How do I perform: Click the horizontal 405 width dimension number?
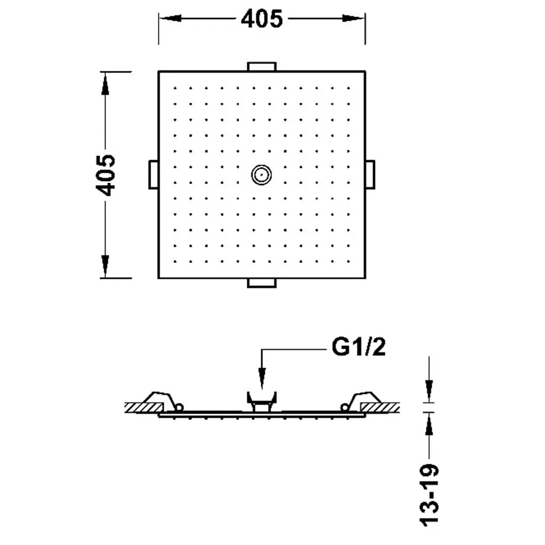pyautogui.click(x=262, y=19)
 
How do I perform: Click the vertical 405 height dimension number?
pyautogui.click(x=105, y=175)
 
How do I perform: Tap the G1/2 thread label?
pyautogui.click(x=359, y=347)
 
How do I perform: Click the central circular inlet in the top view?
pyautogui.click(x=261, y=175)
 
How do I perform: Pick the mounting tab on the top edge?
pyautogui.click(x=262, y=67)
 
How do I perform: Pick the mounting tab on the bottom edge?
pyautogui.click(x=262, y=283)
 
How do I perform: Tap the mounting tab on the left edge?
pyautogui.click(x=154, y=175)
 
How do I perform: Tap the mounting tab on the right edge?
pyautogui.click(x=370, y=175)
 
